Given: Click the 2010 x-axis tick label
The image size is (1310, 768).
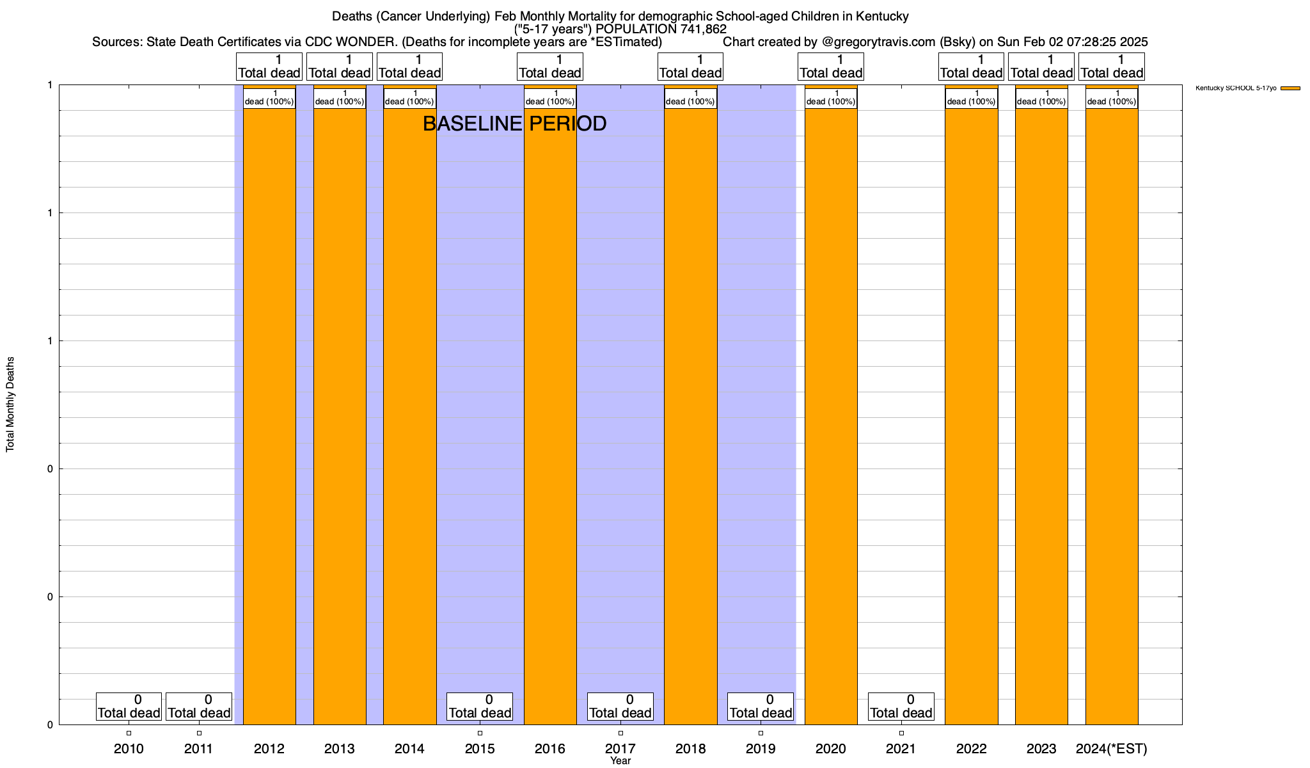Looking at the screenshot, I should pos(129,748).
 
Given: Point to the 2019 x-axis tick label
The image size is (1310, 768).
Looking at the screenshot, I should pos(761,748).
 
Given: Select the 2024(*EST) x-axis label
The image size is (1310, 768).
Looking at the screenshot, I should pos(1112,748).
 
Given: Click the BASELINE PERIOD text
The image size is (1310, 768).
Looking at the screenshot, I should pos(514,124).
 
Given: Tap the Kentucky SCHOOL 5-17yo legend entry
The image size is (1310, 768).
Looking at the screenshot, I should pos(1247,88).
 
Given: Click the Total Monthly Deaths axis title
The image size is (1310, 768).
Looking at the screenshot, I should pos(10,404).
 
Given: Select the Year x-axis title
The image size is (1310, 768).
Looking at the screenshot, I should pos(620,761).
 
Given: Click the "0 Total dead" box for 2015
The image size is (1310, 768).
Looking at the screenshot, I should pos(480,707).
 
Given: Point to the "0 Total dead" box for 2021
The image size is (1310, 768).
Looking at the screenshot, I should pos(901,707).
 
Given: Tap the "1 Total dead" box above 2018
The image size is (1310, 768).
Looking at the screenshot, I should pos(690,67).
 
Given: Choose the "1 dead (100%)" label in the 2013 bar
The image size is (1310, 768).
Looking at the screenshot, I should pos(340,98).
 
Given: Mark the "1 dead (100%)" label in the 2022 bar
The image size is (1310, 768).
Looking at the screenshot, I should pos(972,98).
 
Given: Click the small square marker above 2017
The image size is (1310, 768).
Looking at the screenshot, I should pos(620,733).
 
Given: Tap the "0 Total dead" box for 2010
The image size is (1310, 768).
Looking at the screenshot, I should pos(129,707).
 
